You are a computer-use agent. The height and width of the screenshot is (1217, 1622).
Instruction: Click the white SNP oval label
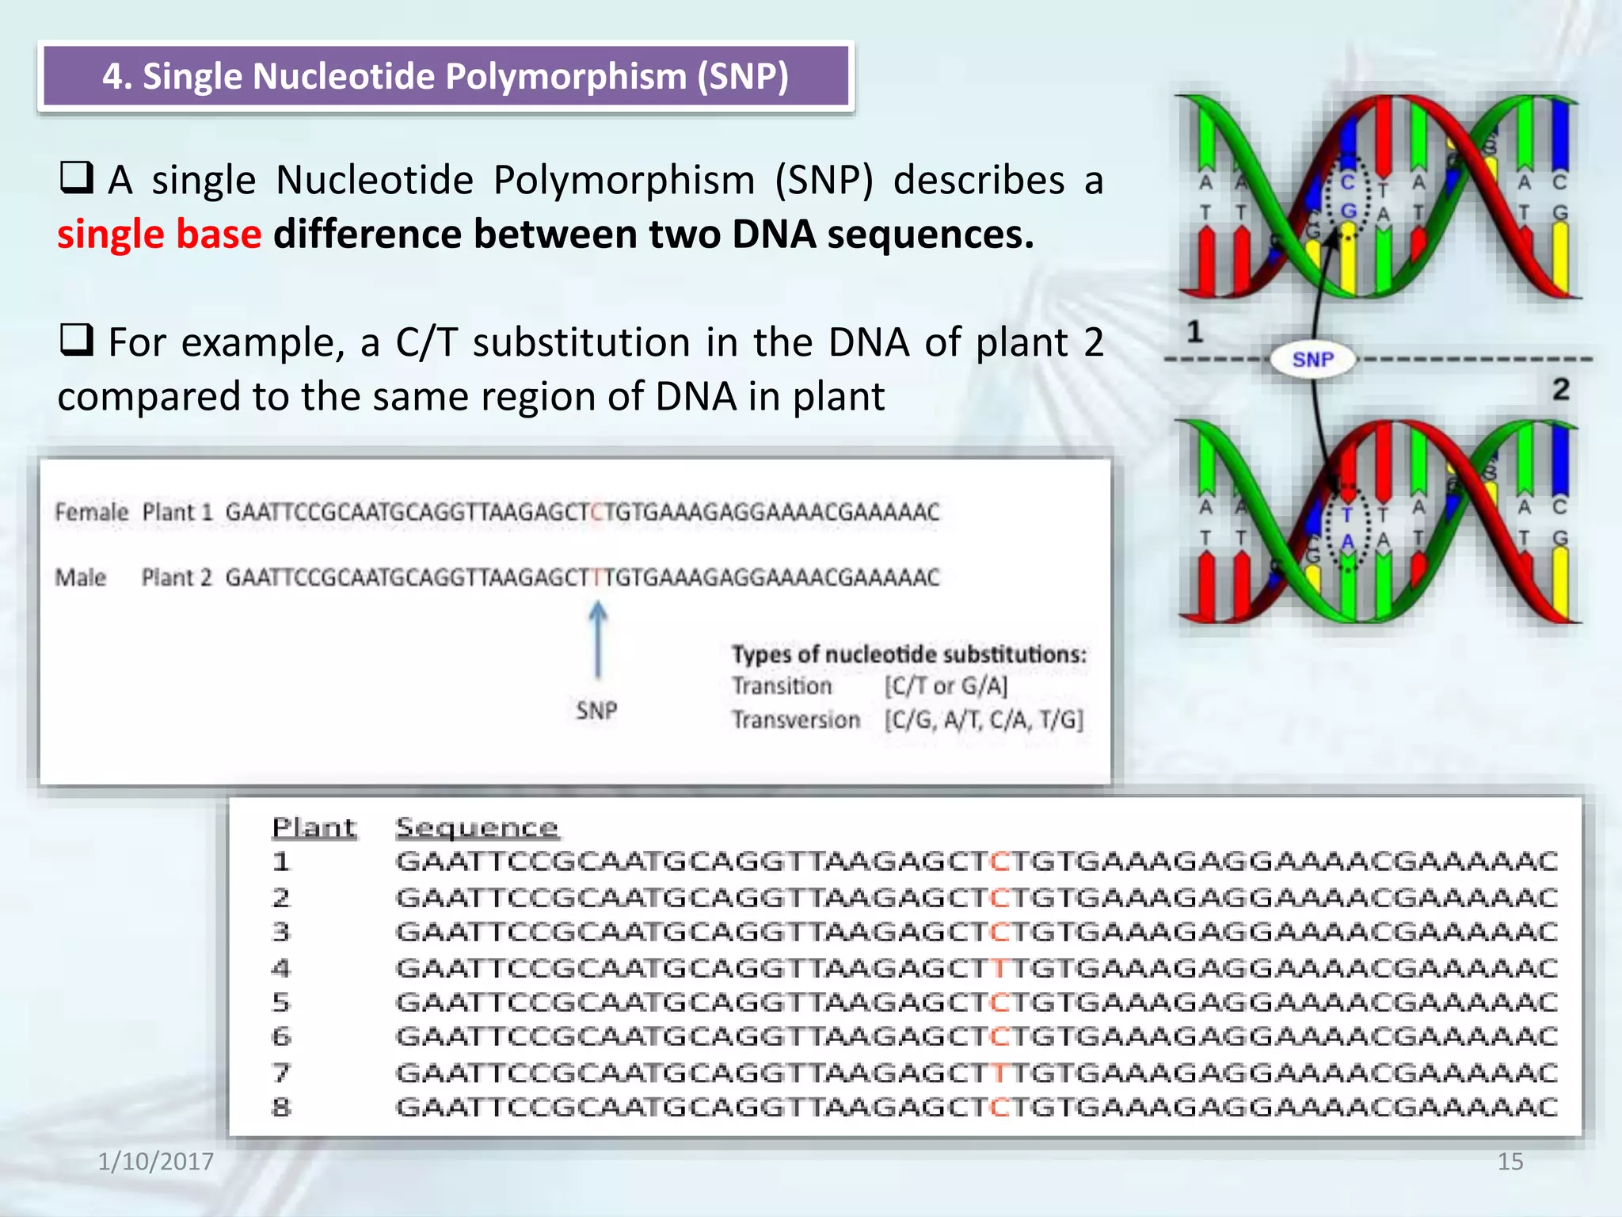coord(1312,360)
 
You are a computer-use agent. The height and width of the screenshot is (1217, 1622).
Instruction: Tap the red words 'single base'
coord(159,235)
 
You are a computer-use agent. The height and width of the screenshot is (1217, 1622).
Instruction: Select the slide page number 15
coord(1510,1161)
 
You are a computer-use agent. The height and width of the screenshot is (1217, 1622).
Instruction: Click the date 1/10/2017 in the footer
coord(155,1161)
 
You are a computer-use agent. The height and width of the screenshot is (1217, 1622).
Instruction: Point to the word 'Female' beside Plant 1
coord(91,513)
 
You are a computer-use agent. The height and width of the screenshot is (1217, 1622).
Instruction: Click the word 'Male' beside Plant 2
coord(80,578)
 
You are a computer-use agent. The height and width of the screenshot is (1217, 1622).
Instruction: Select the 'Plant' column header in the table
coord(314,827)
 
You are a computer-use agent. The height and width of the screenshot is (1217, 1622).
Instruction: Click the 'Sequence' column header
coord(477,827)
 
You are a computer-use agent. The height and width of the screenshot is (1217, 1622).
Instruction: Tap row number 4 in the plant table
coord(281,967)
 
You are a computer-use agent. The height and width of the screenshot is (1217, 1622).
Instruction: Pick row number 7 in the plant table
coord(281,1072)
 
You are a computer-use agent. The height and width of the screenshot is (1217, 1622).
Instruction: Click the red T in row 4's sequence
coord(1000,967)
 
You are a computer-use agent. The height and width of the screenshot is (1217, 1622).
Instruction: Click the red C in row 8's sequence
coord(1000,1107)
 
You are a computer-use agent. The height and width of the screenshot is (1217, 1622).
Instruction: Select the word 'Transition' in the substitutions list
coord(781,686)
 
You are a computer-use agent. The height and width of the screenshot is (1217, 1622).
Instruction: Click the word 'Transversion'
coord(795,720)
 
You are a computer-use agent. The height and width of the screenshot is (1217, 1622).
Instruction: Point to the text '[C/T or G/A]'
coord(946,686)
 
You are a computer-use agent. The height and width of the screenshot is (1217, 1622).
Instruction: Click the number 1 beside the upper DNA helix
coord(1194,331)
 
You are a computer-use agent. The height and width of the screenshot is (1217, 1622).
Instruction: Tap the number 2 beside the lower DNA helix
coord(1560,389)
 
